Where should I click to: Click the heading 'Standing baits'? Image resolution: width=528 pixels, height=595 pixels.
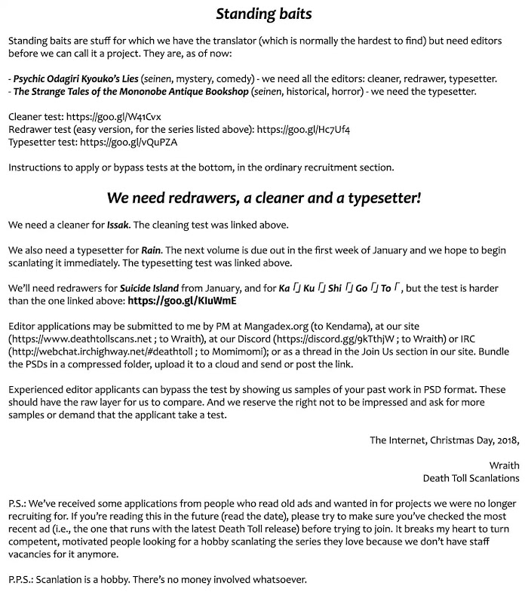(x=264, y=14)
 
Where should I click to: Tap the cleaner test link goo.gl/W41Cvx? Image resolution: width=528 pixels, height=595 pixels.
(x=121, y=116)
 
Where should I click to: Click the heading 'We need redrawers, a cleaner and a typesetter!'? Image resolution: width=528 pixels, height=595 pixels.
(x=264, y=199)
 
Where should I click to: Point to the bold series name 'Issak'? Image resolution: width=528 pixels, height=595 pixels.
(x=118, y=225)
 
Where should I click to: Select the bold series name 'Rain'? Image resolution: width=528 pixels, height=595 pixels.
(x=152, y=250)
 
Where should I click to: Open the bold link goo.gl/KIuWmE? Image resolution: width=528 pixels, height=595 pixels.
(x=183, y=300)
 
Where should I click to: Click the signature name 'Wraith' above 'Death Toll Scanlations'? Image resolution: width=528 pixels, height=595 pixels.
(x=504, y=465)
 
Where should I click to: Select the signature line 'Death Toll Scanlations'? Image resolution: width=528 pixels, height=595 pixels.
(x=471, y=478)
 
